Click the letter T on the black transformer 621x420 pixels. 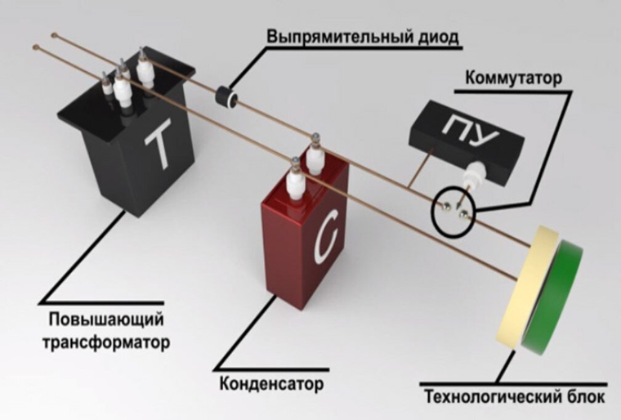pos(158,145)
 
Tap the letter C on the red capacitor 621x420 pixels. pos(319,238)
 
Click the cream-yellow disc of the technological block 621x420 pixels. pos(523,286)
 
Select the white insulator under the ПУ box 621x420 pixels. pos(473,175)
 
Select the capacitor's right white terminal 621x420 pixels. pos(314,152)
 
